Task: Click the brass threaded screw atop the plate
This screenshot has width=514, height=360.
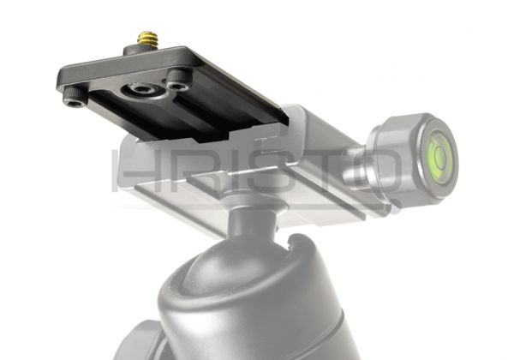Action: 147,38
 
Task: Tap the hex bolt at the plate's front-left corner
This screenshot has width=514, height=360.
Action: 75,98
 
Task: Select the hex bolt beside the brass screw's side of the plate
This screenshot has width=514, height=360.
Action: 179,81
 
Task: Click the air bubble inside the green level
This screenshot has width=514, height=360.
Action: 439,154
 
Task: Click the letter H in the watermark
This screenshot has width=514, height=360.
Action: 131,171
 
